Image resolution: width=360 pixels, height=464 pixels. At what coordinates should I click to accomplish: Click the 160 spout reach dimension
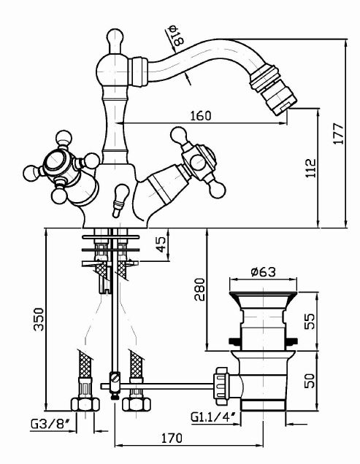(201, 116)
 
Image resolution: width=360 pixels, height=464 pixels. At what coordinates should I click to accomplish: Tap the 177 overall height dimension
(338, 134)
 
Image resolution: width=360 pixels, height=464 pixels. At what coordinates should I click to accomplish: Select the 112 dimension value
(311, 168)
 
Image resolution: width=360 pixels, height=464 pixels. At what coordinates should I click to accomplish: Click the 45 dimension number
(161, 244)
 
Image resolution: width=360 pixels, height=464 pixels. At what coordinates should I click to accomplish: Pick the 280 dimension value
(199, 289)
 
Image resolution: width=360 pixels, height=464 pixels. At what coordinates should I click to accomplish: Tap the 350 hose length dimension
(39, 320)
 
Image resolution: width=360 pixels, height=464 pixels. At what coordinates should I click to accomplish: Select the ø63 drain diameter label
(263, 272)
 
